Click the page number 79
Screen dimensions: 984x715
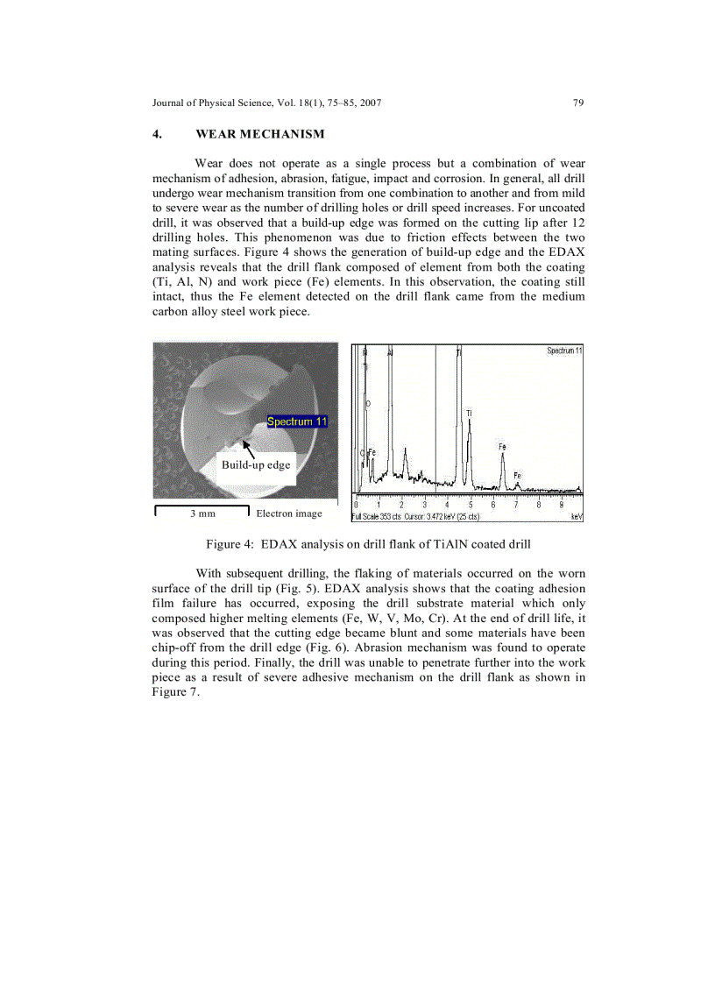point(577,103)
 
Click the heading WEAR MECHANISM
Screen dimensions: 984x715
point(259,134)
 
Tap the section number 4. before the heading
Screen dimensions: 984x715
point(156,134)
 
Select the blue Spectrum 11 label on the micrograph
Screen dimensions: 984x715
point(297,421)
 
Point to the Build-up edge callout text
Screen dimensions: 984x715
point(255,464)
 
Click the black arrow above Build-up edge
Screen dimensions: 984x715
point(249,448)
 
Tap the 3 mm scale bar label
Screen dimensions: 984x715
point(202,513)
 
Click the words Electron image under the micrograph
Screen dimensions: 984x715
point(288,513)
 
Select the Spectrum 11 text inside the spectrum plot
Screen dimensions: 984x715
point(564,350)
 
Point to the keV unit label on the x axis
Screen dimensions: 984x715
point(576,517)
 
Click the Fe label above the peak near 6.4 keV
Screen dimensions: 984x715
point(502,447)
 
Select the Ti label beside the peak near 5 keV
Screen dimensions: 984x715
point(469,412)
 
